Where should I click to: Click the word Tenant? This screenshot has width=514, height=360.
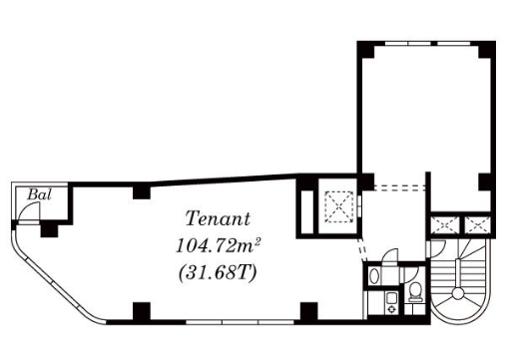tap(218, 218)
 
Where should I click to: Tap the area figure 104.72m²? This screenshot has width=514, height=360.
tap(218, 246)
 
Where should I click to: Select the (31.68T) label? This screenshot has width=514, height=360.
tap(218, 273)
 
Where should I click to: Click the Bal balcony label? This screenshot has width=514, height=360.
tap(40, 194)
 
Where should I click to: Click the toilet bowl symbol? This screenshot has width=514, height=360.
tap(415, 292)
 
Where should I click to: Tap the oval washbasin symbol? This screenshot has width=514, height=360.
tap(374, 276)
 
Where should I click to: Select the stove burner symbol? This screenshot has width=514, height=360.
tap(391, 309)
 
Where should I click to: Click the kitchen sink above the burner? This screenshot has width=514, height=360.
tap(391, 298)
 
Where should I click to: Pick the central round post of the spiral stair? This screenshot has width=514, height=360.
tap(458, 293)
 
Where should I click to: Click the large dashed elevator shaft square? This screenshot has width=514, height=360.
tap(339, 206)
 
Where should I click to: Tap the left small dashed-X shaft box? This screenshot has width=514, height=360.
tap(445, 225)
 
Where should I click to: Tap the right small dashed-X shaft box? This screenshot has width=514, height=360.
tap(477, 225)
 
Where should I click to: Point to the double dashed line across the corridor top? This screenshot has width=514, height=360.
tap(399, 187)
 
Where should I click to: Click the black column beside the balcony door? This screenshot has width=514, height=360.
tap(49, 229)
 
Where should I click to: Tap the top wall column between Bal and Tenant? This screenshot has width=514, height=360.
tap(142, 192)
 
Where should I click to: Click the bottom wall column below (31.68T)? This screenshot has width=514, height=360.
tap(142, 311)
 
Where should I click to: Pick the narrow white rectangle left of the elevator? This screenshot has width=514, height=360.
tap(306, 212)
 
